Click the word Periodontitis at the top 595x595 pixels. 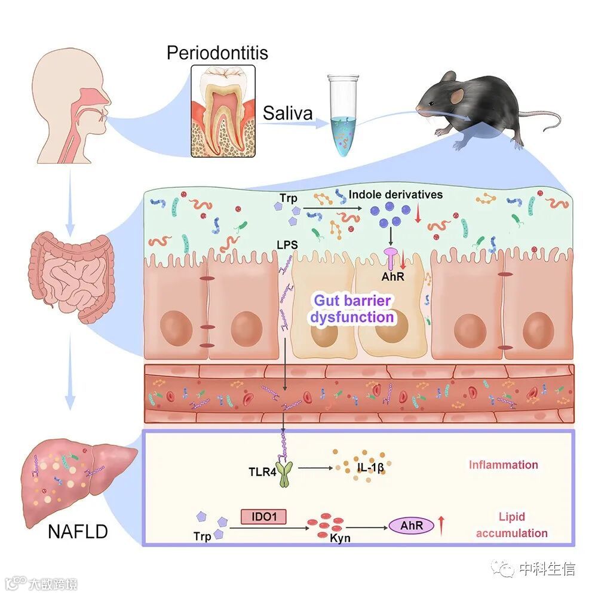click(x=217, y=53)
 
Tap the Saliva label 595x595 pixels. click(x=287, y=113)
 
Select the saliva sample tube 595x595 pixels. click(x=342, y=116)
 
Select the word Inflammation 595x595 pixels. click(x=503, y=465)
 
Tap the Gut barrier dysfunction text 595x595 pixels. click(x=352, y=308)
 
